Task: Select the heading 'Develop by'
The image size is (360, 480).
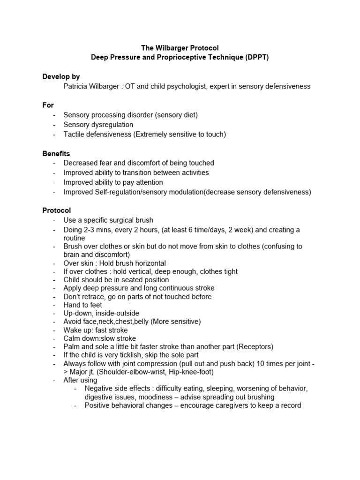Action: (61, 76)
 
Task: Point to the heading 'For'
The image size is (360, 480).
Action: (48, 105)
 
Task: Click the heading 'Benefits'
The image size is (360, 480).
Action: (56, 153)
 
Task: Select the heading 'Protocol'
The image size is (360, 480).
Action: (57, 210)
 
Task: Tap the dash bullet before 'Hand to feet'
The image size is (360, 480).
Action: (54, 305)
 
